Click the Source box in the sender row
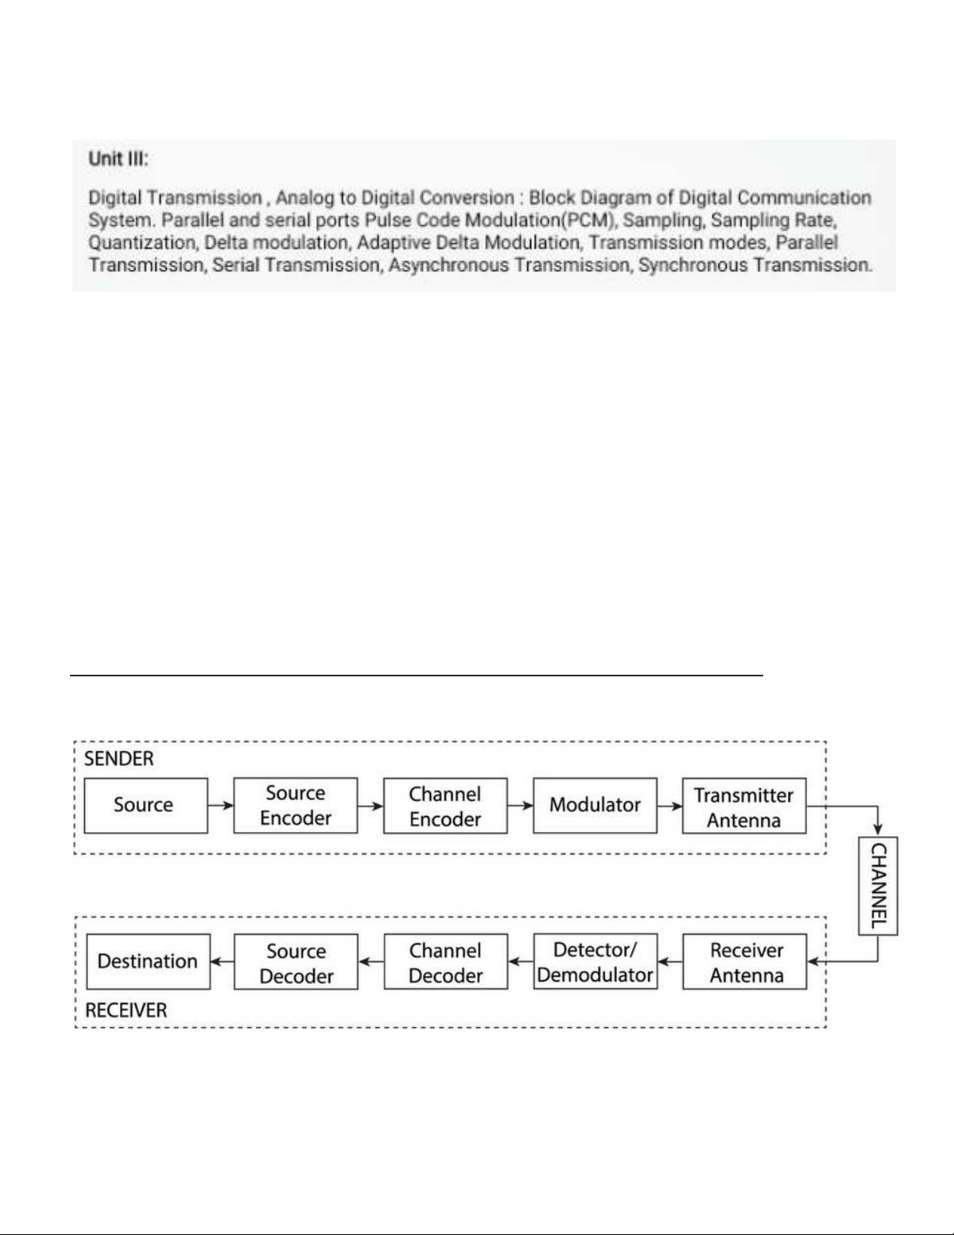(x=146, y=805)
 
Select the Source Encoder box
(x=295, y=805)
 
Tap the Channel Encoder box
(x=445, y=806)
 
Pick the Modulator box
(x=595, y=805)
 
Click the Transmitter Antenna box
(x=744, y=806)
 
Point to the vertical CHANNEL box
(x=878, y=885)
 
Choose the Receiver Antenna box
(x=745, y=962)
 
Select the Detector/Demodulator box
(x=595, y=962)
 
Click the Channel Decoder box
(x=445, y=962)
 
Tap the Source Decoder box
(x=296, y=962)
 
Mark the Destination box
(x=148, y=962)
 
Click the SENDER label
(x=119, y=759)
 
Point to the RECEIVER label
(x=126, y=1011)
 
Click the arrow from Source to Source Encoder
(x=220, y=805)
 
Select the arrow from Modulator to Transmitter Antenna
(x=670, y=805)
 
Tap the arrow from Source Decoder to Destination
(x=222, y=962)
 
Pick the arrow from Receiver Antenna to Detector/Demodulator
(x=670, y=962)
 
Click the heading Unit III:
(x=118, y=159)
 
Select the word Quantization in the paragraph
(x=142, y=242)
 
